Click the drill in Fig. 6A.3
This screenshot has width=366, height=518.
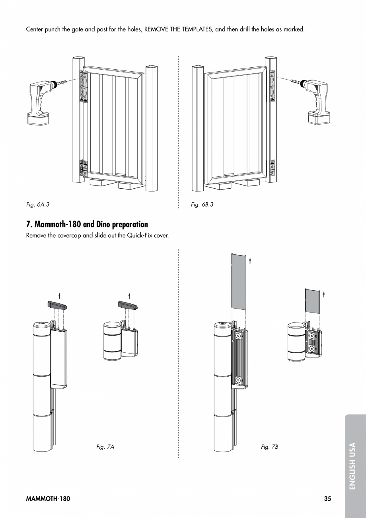(39, 100)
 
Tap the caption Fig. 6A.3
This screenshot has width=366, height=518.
(37, 205)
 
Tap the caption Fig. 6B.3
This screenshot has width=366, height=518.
(202, 205)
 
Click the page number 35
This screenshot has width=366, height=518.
(327, 498)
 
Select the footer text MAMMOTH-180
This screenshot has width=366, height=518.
(48, 498)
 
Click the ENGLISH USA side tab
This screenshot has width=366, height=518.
(353, 466)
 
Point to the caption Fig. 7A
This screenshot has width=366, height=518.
(105, 447)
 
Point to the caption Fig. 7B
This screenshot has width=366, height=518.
(270, 447)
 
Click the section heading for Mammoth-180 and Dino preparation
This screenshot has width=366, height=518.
(87, 225)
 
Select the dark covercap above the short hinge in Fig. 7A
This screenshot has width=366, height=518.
(128, 306)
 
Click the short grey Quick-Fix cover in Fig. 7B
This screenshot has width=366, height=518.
(312, 301)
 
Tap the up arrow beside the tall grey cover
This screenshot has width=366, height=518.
(250, 260)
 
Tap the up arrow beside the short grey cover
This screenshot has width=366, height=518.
(324, 294)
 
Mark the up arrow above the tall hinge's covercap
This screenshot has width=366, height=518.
(59, 295)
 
